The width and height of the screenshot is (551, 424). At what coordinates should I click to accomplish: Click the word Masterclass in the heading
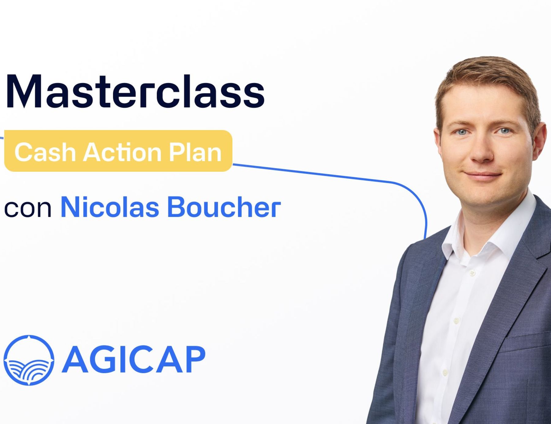(135, 91)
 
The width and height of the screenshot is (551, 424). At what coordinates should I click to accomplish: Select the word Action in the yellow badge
(122, 152)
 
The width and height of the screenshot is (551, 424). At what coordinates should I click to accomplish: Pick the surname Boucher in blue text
(224, 207)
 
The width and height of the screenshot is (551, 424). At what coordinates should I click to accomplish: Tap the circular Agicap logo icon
(29, 360)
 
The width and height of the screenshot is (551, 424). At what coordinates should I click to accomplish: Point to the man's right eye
(462, 132)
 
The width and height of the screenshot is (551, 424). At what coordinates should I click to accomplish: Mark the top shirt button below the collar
(472, 272)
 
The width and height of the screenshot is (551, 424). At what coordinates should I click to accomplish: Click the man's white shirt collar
(490, 227)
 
